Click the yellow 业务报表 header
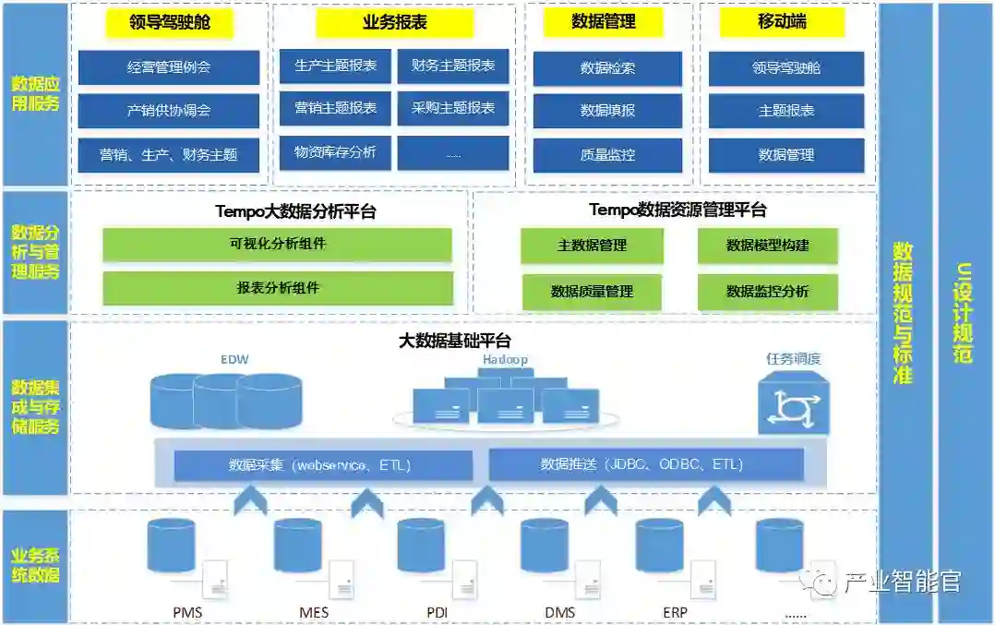(395, 23)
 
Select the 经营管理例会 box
(169, 67)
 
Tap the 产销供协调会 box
(169, 111)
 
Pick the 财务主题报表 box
(453, 66)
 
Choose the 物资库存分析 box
(335, 152)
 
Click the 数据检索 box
(607, 68)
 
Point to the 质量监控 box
(607, 155)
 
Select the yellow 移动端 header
(783, 23)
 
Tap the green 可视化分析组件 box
(278, 245)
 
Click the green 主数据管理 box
(592, 246)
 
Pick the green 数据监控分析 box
(767, 292)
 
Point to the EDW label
(234, 358)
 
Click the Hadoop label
(504, 360)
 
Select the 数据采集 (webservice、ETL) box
(320, 464)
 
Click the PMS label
(187, 612)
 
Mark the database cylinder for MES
(298, 545)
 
